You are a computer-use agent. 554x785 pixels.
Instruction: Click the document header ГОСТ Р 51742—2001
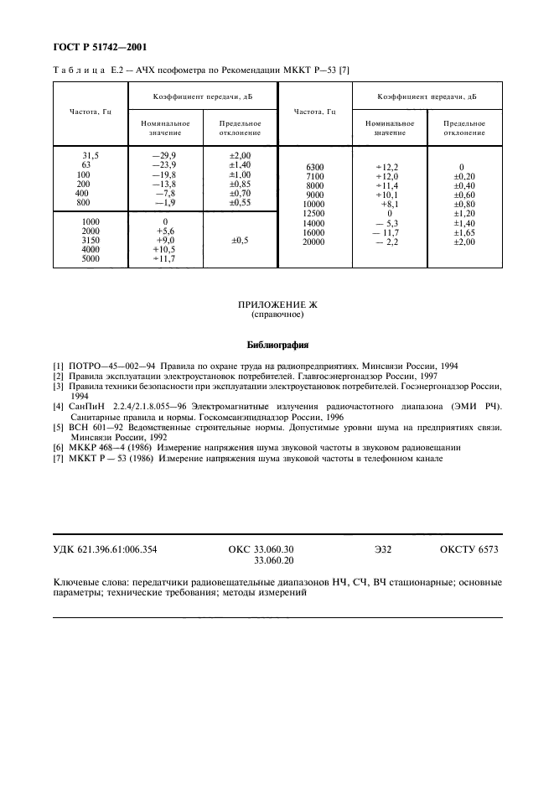(x=93, y=47)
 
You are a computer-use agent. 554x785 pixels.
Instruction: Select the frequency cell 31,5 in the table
(x=90, y=156)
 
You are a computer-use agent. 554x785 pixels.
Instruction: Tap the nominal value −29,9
(x=163, y=156)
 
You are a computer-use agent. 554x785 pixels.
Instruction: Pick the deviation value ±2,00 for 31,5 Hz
(x=240, y=156)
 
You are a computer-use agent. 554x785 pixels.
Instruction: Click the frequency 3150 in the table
(x=90, y=241)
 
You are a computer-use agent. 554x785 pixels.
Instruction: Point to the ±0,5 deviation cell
(x=240, y=241)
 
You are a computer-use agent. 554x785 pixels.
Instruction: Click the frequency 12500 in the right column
(x=314, y=214)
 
